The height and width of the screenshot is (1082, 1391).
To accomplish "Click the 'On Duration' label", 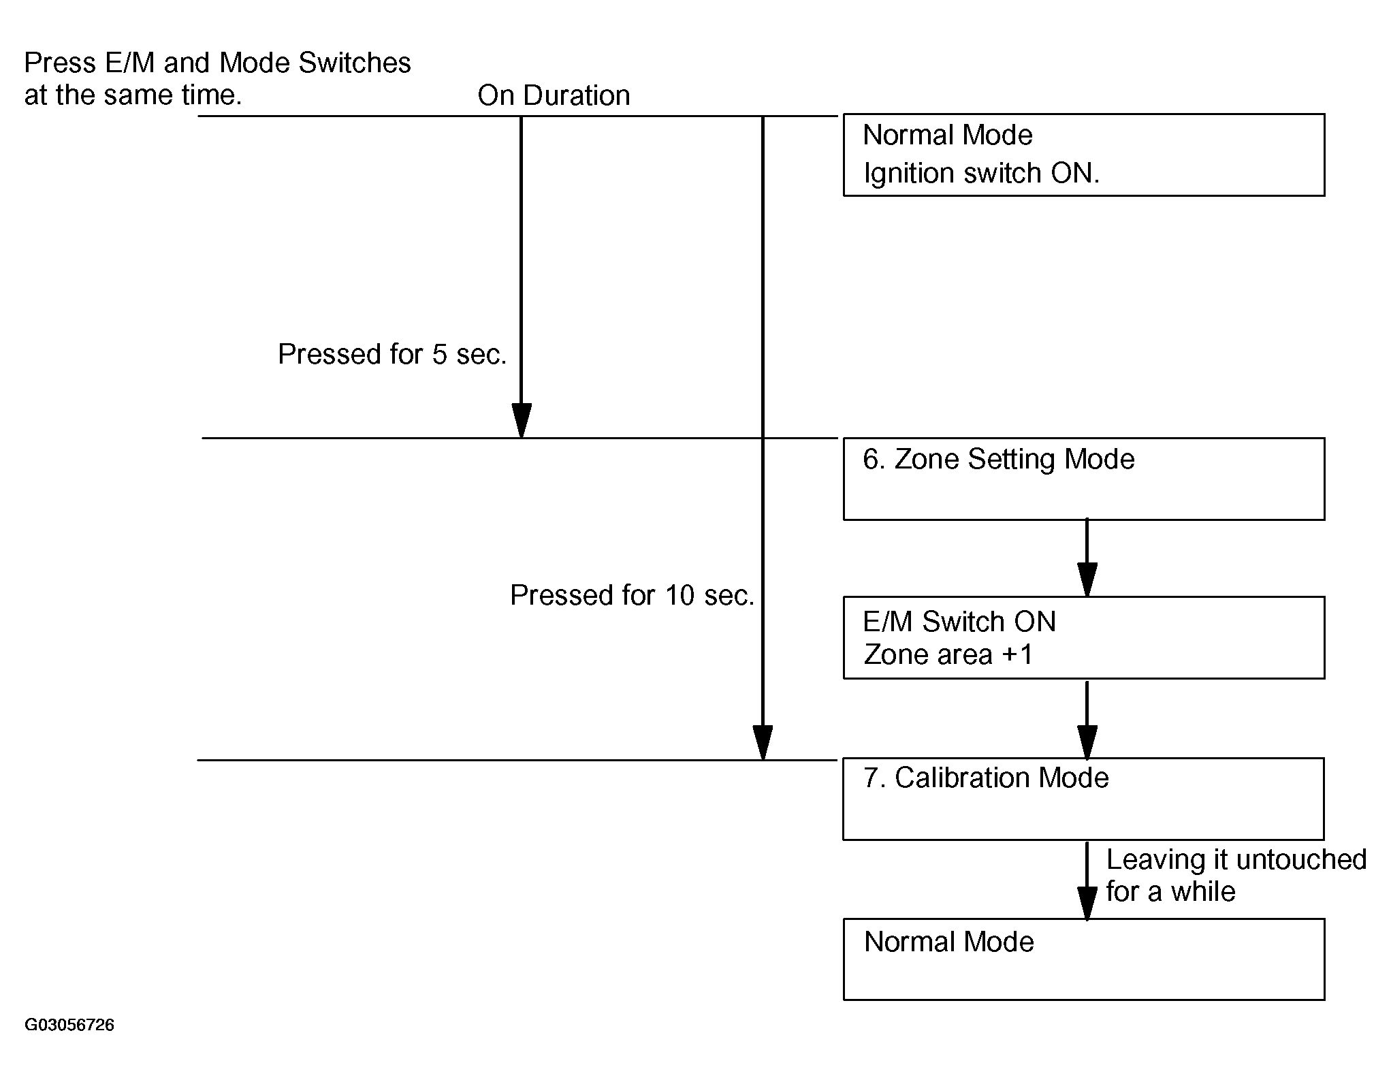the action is (554, 95).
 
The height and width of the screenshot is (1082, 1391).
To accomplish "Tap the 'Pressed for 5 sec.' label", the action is (392, 354).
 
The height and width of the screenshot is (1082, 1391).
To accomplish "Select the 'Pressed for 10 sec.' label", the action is (632, 595).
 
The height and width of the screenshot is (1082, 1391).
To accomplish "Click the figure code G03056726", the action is (69, 1025).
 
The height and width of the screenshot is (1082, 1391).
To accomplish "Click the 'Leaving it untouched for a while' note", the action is (1236, 876).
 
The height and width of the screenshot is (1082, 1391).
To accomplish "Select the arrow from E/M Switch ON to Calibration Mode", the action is (1087, 719).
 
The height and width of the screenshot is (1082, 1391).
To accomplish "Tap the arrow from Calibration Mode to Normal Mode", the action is (1087, 880).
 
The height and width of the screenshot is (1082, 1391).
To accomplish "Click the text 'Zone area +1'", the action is (948, 655).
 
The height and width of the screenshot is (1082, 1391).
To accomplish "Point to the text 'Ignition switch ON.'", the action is (981, 174).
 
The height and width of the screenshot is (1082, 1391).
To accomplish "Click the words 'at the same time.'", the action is (133, 95).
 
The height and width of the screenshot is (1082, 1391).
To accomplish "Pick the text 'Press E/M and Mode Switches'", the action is (218, 63).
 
